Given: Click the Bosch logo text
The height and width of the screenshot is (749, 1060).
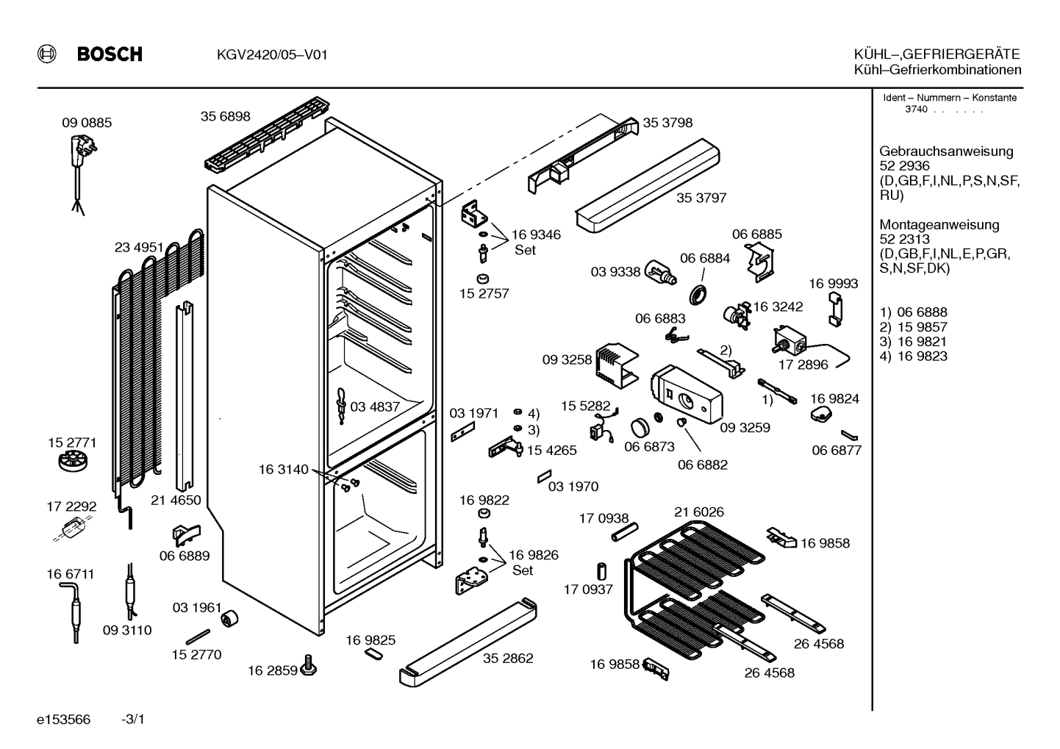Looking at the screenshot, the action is tap(110, 54).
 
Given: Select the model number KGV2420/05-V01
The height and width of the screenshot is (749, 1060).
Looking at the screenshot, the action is tap(272, 55).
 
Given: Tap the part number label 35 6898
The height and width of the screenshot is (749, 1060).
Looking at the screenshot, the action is tap(225, 116).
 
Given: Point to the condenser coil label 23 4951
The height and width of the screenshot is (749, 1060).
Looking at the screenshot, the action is tap(139, 248).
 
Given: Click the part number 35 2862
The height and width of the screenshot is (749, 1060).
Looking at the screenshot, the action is tap(508, 658).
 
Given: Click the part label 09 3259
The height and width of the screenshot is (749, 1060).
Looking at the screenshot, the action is tap(745, 427).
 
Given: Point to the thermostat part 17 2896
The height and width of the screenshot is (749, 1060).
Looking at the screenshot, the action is tap(789, 340).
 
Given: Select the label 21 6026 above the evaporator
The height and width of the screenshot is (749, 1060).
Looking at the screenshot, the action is tap(699, 512).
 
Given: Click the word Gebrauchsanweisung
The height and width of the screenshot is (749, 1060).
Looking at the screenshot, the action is tap(947, 151).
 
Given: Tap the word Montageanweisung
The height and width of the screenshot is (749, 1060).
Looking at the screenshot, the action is tap(939, 225).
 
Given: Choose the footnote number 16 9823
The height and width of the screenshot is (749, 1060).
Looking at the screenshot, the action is tap(923, 356).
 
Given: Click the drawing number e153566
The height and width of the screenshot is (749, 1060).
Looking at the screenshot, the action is tap(63, 720).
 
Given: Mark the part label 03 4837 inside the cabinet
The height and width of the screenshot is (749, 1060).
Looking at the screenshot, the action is tap(375, 407).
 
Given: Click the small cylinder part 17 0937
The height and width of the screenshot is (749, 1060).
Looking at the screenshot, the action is tap(601, 572).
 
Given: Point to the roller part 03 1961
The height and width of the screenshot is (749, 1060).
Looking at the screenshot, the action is tap(229, 618).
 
